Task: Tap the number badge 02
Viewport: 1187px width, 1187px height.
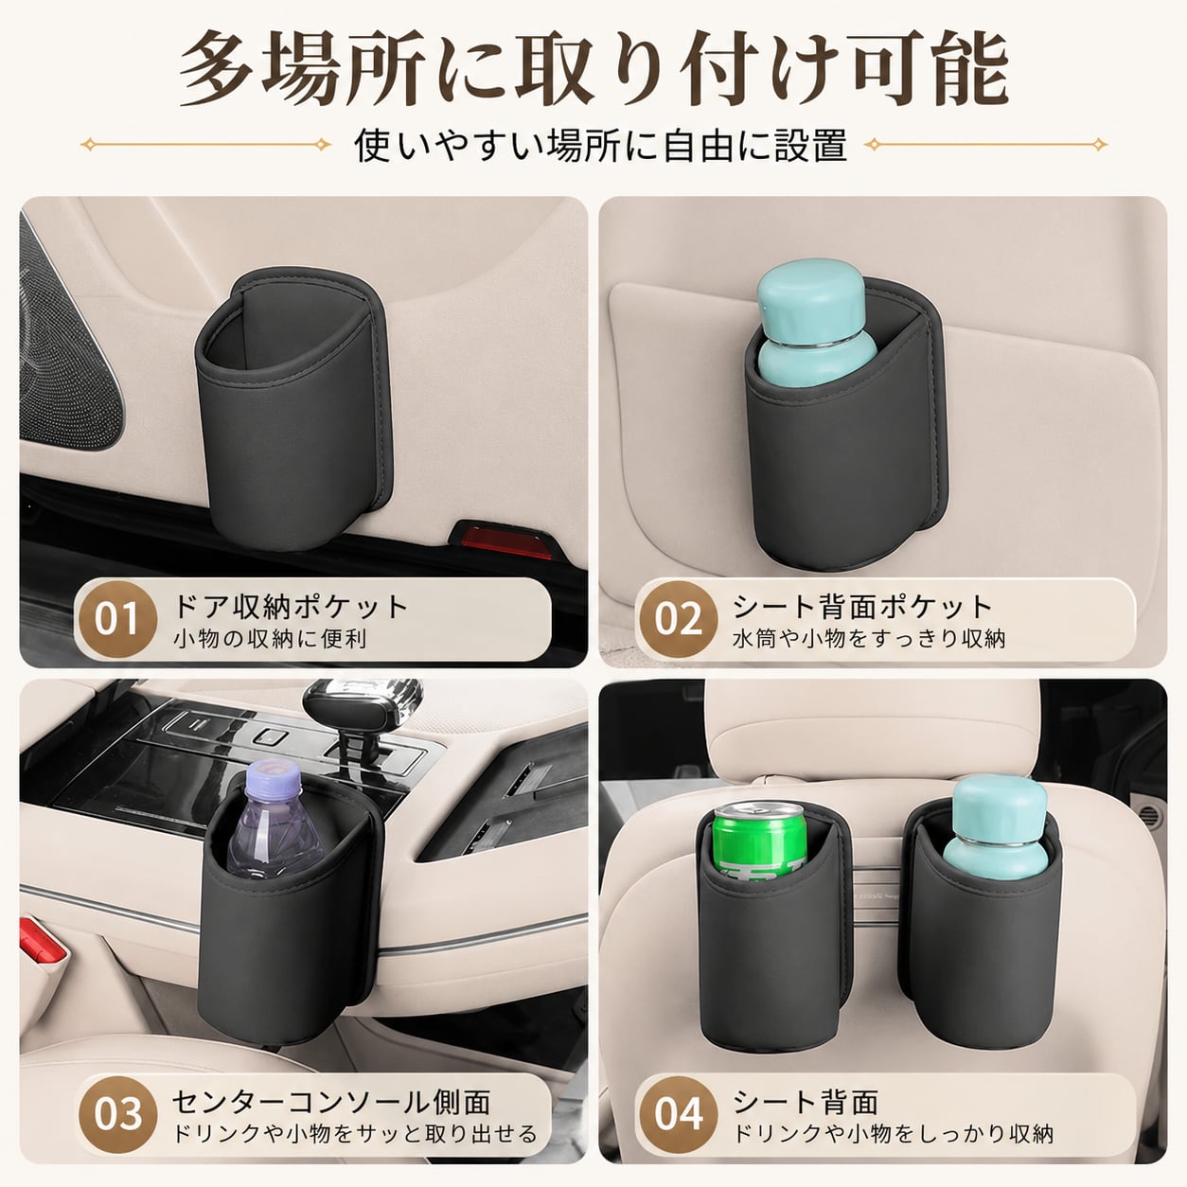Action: click(x=678, y=620)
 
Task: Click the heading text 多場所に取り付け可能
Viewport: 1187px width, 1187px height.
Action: click(x=593, y=69)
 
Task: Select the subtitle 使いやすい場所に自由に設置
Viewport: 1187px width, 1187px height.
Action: click(x=600, y=145)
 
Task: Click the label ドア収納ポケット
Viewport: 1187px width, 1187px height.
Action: click(x=291, y=607)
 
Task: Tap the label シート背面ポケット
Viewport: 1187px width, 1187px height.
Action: click(x=862, y=607)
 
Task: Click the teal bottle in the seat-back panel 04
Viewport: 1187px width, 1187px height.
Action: click(x=995, y=827)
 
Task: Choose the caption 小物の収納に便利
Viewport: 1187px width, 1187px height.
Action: click(x=270, y=639)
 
